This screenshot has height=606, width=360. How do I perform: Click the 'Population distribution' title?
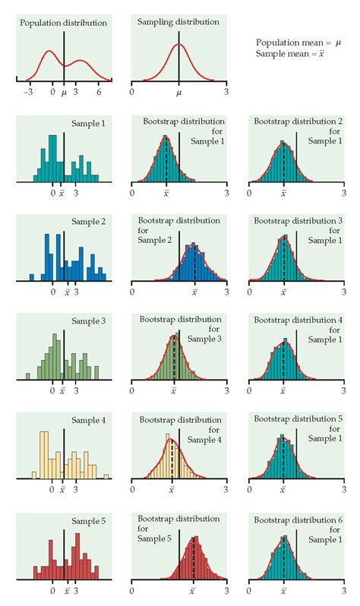[x=64, y=23]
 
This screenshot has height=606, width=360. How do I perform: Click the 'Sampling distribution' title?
[x=178, y=22]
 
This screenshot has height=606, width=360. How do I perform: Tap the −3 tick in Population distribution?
[x=28, y=91]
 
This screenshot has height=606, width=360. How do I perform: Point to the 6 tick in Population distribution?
[x=99, y=91]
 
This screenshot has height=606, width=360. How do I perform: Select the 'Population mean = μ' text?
[x=298, y=43]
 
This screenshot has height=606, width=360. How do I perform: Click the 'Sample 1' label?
[x=89, y=122]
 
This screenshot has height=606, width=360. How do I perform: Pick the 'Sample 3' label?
[x=89, y=321]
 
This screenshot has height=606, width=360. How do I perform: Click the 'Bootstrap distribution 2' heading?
[x=298, y=122]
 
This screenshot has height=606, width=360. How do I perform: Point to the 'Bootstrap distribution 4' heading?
[x=298, y=320]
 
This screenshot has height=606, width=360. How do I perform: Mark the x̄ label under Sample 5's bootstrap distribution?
[x=193, y=590]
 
